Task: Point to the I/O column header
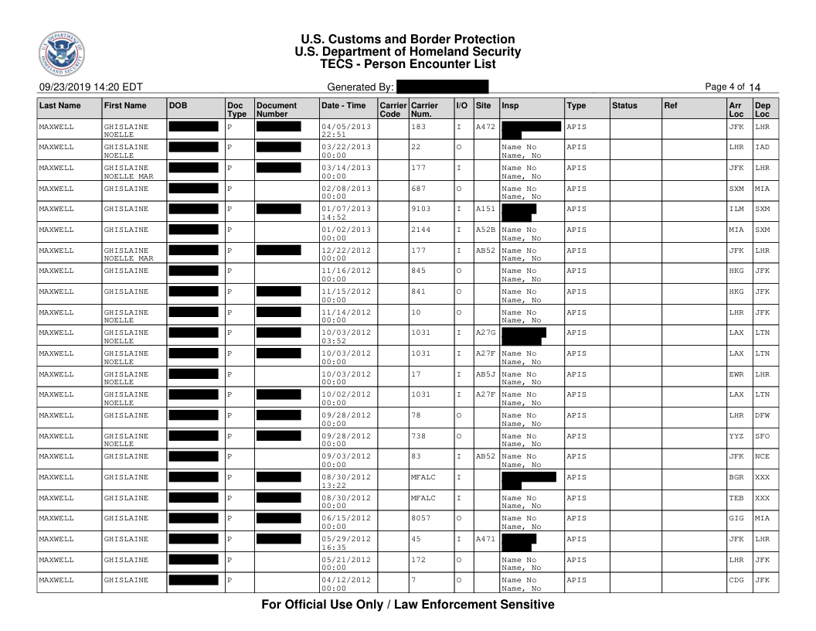pos(461,104)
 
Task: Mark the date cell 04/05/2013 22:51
pos(346,130)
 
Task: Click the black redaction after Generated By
pos(442,87)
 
